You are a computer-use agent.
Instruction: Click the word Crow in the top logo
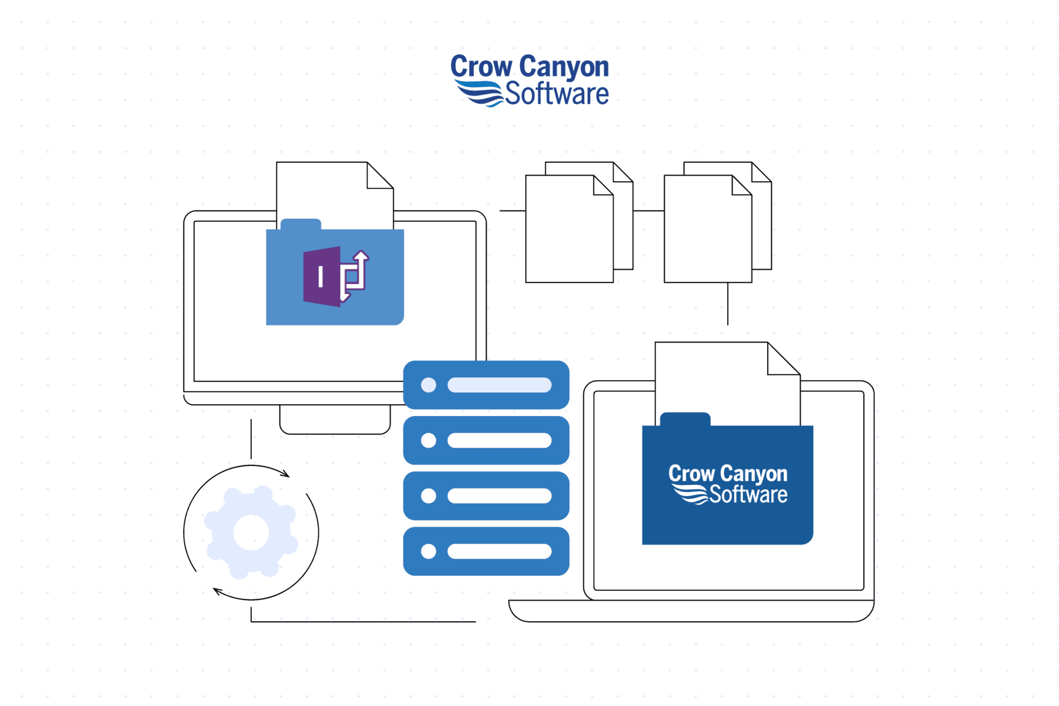click(x=481, y=66)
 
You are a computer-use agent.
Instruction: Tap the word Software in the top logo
click(x=557, y=94)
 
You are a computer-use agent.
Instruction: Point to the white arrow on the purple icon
click(x=355, y=275)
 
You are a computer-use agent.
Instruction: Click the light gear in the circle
click(x=251, y=532)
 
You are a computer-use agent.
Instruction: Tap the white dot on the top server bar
click(x=428, y=385)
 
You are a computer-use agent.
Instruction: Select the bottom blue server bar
click(x=486, y=551)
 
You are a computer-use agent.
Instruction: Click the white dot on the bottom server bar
click(x=428, y=551)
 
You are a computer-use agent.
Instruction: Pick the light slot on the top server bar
click(x=499, y=385)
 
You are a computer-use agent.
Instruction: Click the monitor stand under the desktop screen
click(x=335, y=419)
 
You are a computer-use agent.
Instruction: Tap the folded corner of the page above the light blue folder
click(x=380, y=175)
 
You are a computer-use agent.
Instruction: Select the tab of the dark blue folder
click(x=685, y=419)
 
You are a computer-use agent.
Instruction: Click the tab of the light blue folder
click(x=301, y=224)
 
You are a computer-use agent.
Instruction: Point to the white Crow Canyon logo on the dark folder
click(x=728, y=484)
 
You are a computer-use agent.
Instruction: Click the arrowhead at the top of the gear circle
click(x=285, y=474)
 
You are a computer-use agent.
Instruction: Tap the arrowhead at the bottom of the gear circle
click(x=218, y=591)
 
